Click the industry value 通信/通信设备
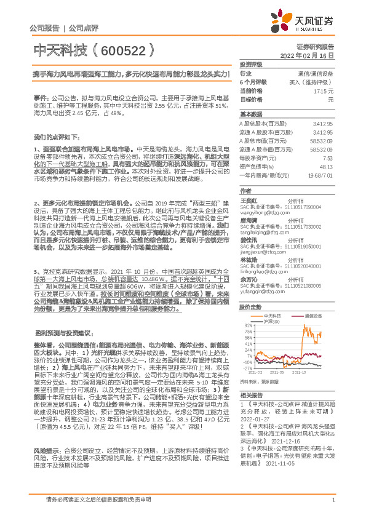click(315, 73)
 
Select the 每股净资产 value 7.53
click(328, 157)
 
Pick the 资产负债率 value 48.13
click(326, 165)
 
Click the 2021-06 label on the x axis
click(277, 372)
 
